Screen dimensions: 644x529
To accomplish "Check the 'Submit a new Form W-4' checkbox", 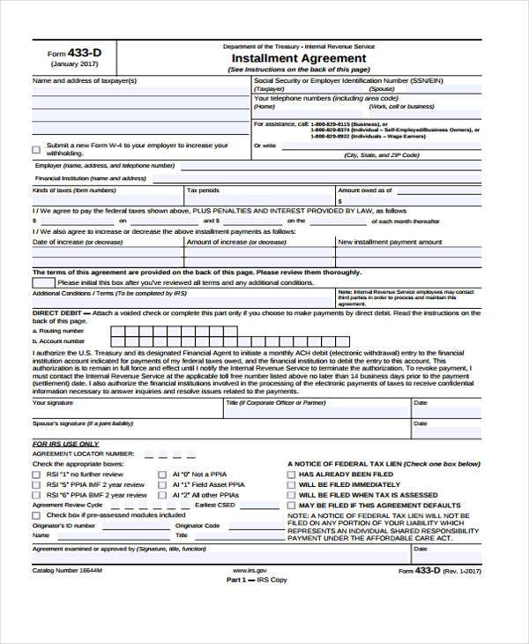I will (x=36, y=148).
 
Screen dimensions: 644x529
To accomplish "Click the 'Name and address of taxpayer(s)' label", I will (x=85, y=80).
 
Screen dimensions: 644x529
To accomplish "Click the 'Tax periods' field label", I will (x=203, y=190).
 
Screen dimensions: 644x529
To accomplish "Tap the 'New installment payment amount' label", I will (x=391, y=242).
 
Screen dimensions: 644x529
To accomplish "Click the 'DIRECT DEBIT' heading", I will (x=57, y=312).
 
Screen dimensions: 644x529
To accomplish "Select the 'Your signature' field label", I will (x=53, y=402).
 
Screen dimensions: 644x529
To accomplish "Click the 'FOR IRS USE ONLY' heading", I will (x=65, y=443).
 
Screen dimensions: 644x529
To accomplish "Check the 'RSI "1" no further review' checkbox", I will (x=36, y=474).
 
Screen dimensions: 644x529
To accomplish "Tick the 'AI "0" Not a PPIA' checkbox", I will (x=162, y=474).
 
